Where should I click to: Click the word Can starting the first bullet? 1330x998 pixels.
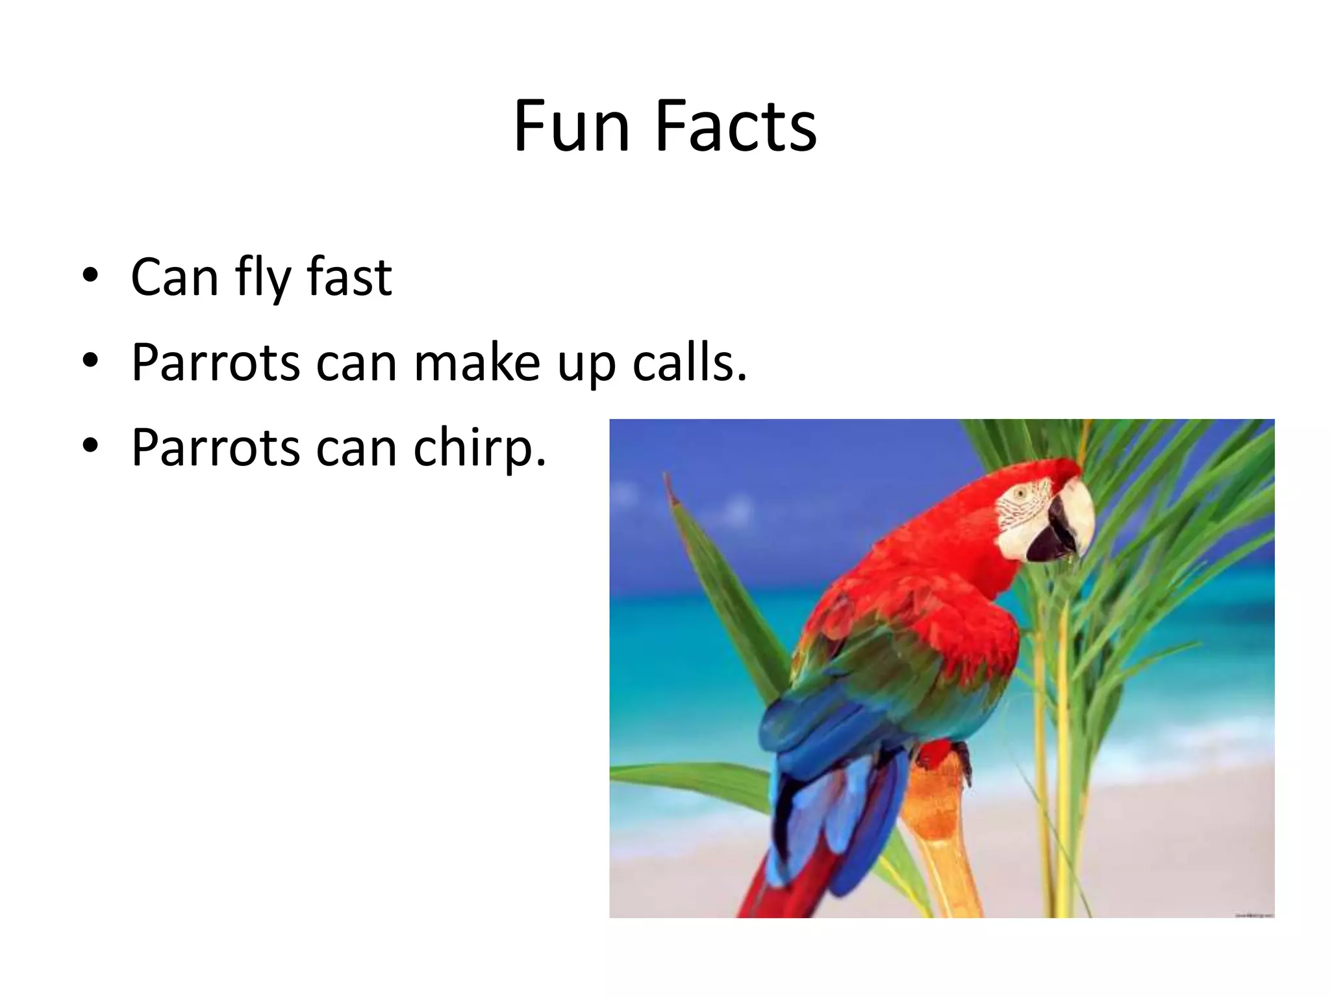pyautogui.click(x=174, y=277)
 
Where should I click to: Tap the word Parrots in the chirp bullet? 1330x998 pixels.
pyautogui.click(x=216, y=448)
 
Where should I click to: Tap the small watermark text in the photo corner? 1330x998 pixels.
pyautogui.click(x=1253, y=915)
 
